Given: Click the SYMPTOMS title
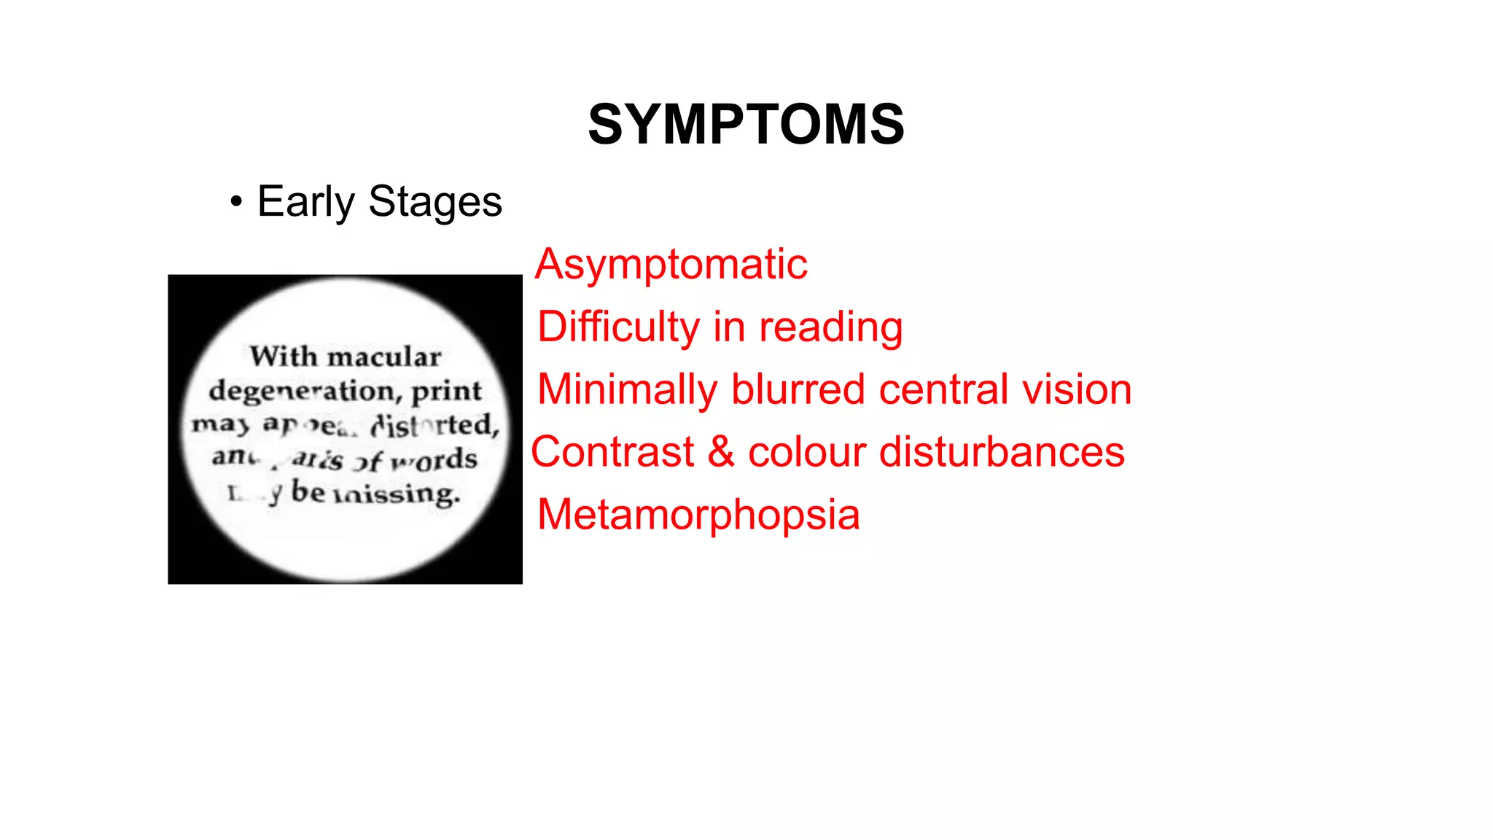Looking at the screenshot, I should tap(746, 124).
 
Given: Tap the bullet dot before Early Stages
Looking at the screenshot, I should tap(235, 202).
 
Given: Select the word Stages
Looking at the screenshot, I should tap(435, 202).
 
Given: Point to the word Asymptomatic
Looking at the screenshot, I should tap(671, 264).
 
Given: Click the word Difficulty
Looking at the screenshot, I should tap(618, 327).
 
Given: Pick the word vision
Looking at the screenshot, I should tap(1077, 389).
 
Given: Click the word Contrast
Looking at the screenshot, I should tap(612, 452).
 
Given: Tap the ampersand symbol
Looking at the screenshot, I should tap(721, 451).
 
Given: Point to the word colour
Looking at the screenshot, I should tap(806, 452).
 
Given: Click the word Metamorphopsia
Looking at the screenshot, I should tap(698, 515).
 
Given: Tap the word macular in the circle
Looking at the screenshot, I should tap(384, 357).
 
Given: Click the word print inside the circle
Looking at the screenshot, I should tap(446, 392).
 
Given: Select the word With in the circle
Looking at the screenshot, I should tap(283, 357).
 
